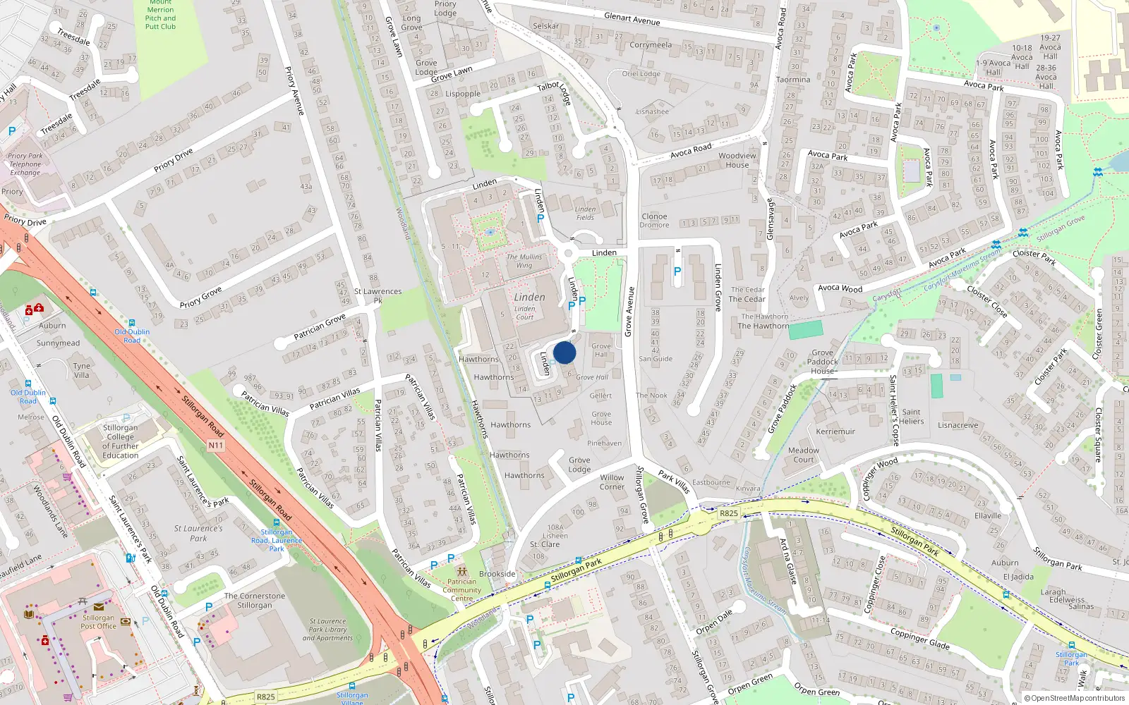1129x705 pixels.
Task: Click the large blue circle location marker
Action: [x=564, y=352]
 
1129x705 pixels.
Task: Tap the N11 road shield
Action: [x=216, y=445]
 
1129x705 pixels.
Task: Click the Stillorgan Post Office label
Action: [x=98, y=622]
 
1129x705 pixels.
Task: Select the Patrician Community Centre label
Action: [x=462, y=590]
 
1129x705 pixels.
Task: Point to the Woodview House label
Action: [x=737, y=160]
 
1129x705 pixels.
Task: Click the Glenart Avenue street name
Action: [x=632, y=19]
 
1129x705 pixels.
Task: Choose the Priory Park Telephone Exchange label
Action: [x=25, y=164]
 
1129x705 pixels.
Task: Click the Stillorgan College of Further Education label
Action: [x=121, y=441]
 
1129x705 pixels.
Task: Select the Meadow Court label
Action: [x=804, y=455]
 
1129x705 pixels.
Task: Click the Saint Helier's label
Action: [x=911, y=417]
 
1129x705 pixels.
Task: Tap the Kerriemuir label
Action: [x=835, y=431]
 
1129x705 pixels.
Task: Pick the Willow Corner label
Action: [x=612, y=482]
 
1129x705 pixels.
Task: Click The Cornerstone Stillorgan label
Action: [x=255, y=601]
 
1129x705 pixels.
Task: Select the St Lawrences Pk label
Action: [x=378, y=295]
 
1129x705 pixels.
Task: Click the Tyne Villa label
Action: [x=82, y=370]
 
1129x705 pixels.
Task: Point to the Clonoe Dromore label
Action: [x=654, y=221]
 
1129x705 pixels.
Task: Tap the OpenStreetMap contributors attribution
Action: [x=1075, y=698]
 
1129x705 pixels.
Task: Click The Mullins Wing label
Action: [x=524, y=261]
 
